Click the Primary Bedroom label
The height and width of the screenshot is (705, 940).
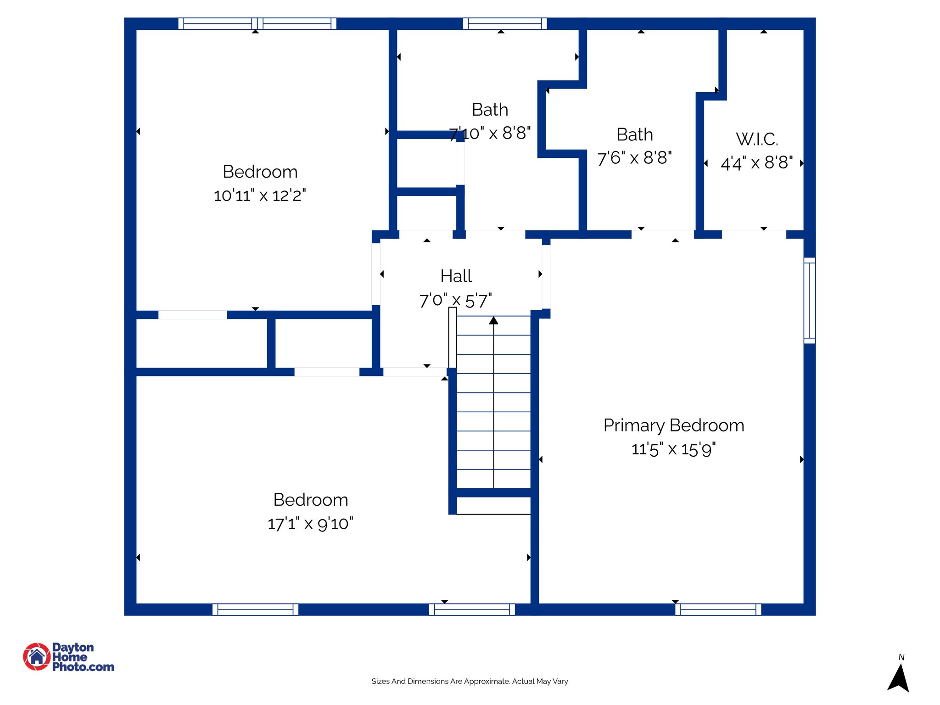click(x=673, y=425)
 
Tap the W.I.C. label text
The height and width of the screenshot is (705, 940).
click(x=757, y=139)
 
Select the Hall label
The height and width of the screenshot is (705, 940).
click(x=456, y=276)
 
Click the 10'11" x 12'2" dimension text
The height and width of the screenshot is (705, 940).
click(x=260, y=196)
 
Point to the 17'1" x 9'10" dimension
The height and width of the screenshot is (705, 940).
click(x=310, y=524)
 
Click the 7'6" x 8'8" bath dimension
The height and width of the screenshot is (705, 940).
click(x=634, y=158)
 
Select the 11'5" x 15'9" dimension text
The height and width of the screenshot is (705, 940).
click(x=673, y=449)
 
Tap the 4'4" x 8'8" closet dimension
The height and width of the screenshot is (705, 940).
click(x=756, y=163)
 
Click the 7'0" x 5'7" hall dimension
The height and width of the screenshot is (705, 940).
click(x=455, y=301)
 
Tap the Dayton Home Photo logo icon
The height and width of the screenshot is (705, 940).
click(x=37, y=656)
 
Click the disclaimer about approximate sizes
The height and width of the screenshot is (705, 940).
click(x=470, y=681)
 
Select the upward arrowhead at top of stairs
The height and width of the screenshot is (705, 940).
click(x=493, y=320)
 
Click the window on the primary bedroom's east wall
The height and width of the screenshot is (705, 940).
click(x=810, y=301)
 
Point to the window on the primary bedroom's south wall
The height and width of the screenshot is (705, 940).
click(x=718, y=610)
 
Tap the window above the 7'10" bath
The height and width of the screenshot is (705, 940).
click(x=504, y=24)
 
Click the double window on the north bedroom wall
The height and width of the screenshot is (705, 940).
click(x=257, y=24)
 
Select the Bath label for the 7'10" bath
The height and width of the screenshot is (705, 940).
click(x=490, y=110)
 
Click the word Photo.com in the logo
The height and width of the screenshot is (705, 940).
click(x=83, y=667)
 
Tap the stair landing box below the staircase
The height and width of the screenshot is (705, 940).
click(x=493, y=505)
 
